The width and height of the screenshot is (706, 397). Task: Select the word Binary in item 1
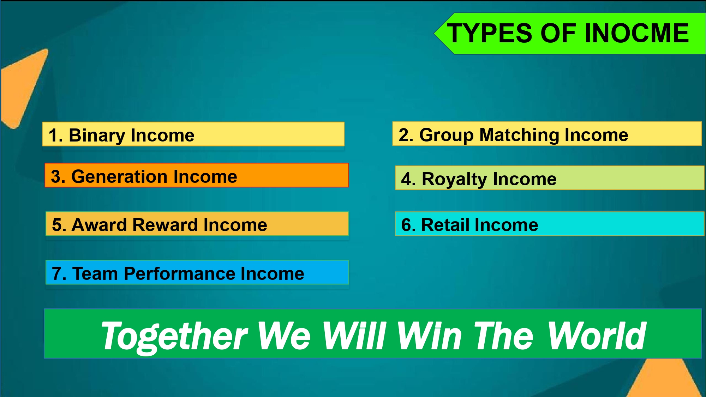(97, 136)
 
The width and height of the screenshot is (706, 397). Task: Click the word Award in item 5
(99, 225)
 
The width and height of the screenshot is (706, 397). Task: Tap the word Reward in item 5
(165, 225)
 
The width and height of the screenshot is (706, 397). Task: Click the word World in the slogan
(597, 336)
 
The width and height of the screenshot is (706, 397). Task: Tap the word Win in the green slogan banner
(430, 336)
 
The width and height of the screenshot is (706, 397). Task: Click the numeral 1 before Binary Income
(53, 136)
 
